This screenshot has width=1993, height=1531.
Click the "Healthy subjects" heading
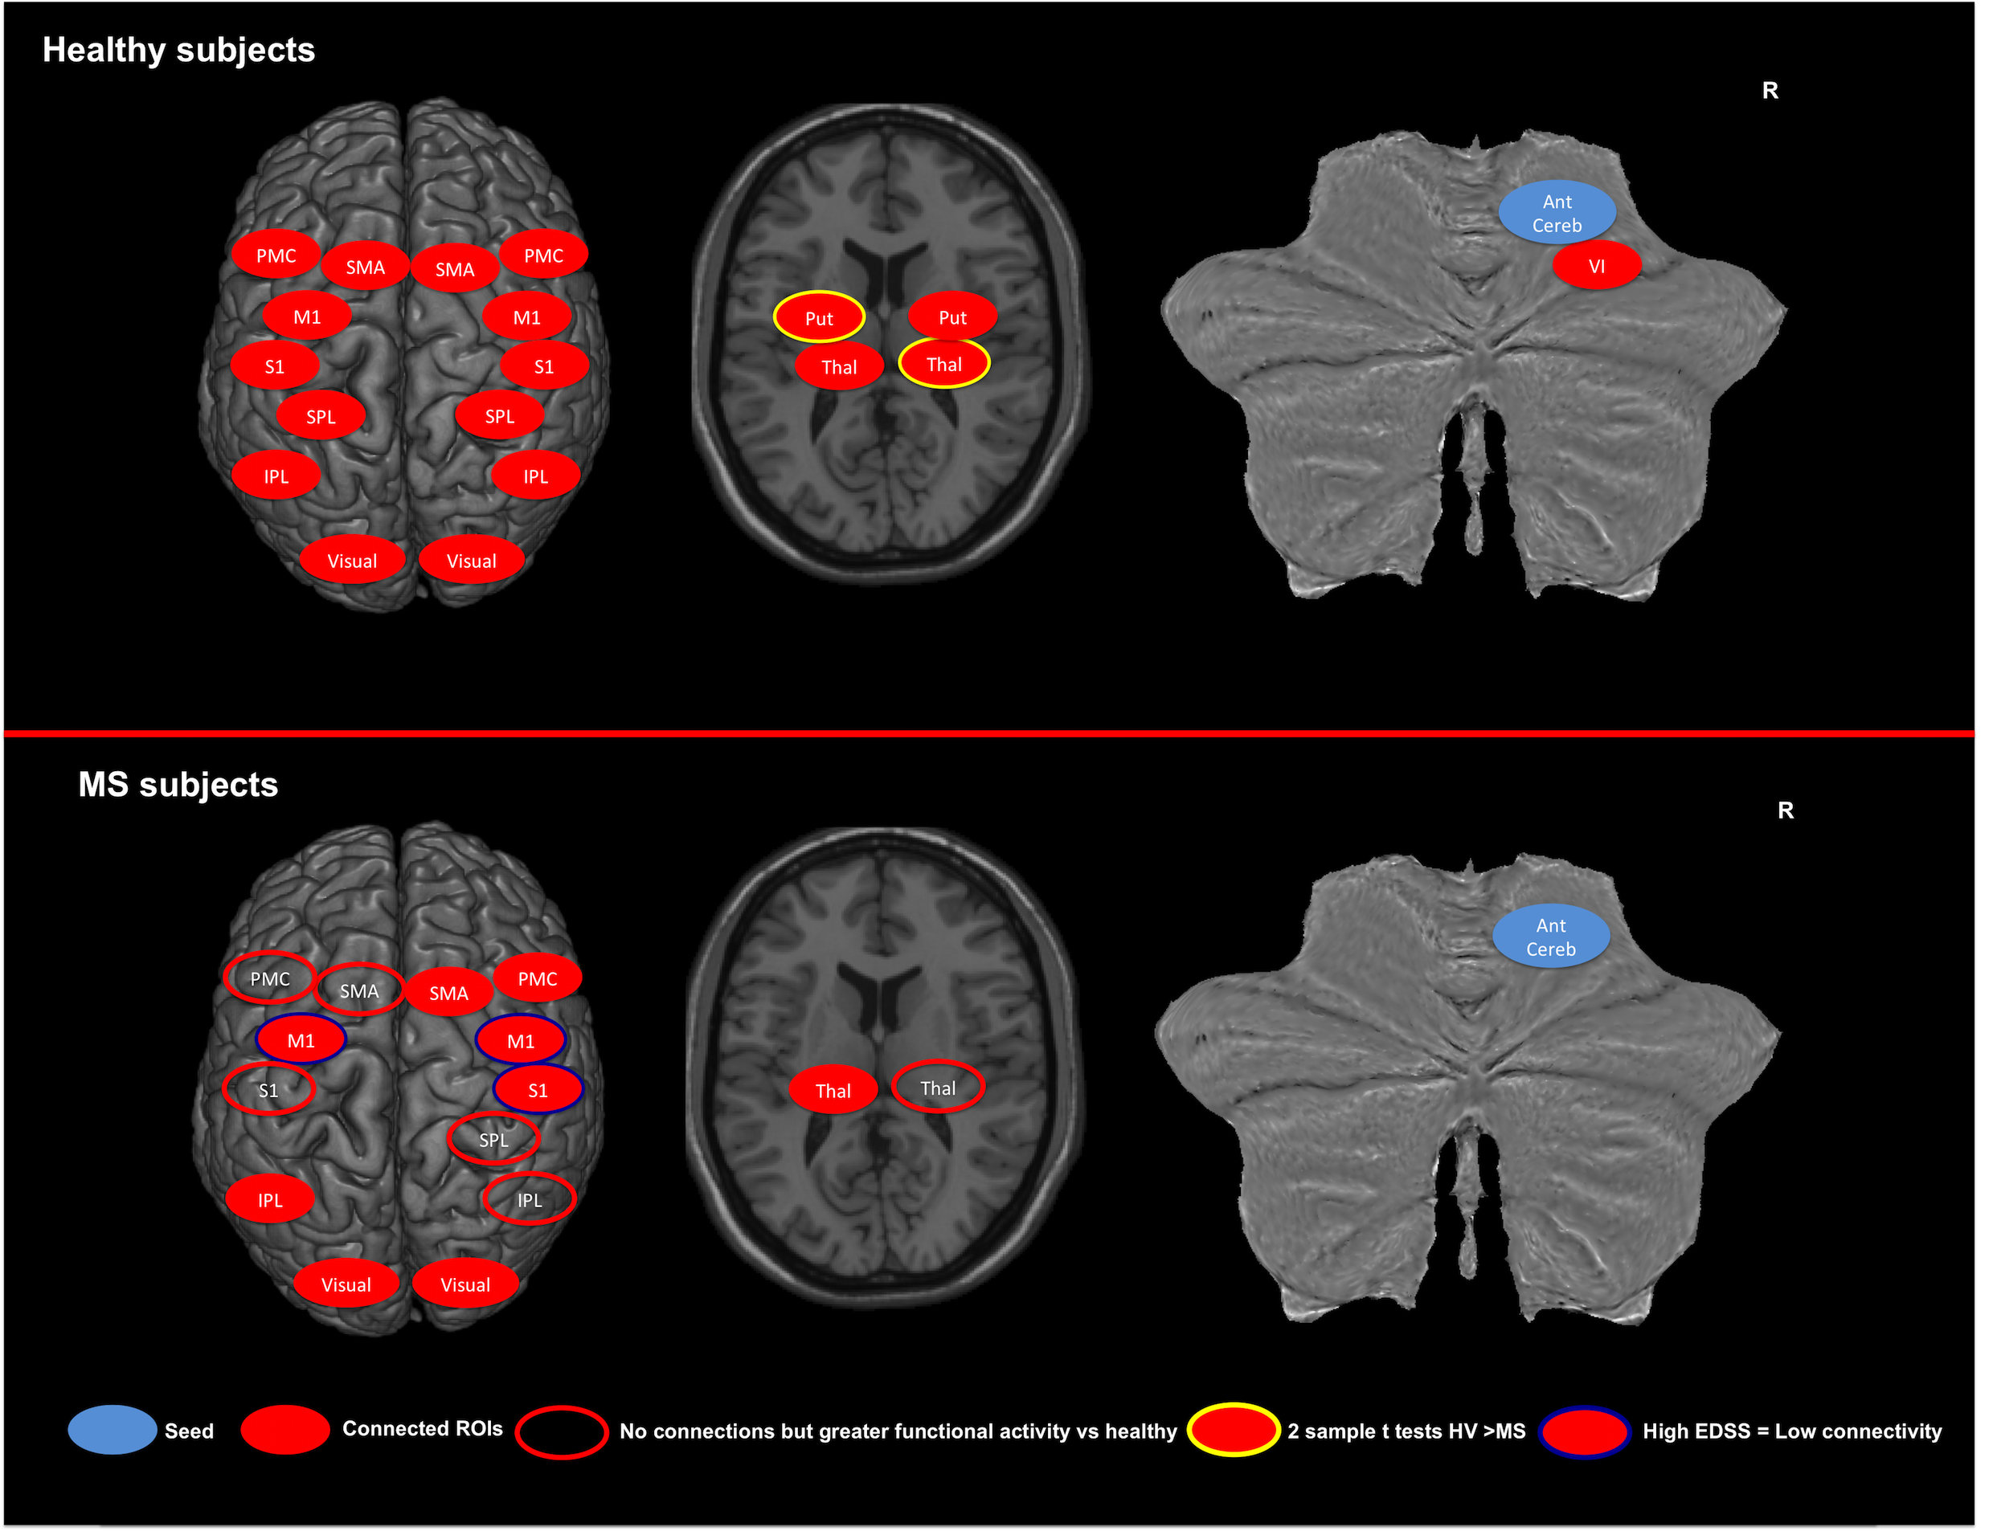(x=178, y=50)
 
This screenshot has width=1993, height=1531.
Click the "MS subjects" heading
(x=178, y=785)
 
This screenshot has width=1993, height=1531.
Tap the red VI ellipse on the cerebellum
(x=1596, y=266)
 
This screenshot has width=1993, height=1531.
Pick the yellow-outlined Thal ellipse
(x=943, y=365)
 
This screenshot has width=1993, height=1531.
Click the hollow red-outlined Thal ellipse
(x=937, y=1087)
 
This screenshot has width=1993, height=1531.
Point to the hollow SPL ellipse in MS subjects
(x=493, y=1139)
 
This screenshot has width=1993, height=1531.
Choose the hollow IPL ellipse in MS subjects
(x=529, y=1199)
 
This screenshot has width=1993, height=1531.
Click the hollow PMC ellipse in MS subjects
(x=270, y=978)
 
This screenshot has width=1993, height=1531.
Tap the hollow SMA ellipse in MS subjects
(x=359, y=990)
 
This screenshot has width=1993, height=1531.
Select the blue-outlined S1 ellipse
(x=538, y=1090)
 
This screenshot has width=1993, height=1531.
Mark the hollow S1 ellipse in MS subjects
(x=268, y=1090)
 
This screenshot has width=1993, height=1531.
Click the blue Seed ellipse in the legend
(x=113, y=1430)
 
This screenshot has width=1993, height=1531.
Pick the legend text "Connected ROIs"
(x=422, y=1429)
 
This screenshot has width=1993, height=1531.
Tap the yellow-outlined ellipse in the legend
(x=1233, y=1430)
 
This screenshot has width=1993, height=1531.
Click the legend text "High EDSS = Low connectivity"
(x=1791, y=1431)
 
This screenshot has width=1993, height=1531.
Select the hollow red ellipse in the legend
(x=561, y=1431)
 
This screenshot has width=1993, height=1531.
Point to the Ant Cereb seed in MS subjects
(x=1551, y=937)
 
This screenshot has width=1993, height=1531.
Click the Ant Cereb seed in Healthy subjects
(x=1557, y=213)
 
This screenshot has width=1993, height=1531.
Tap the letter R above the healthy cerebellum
(x=1770, y=91)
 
